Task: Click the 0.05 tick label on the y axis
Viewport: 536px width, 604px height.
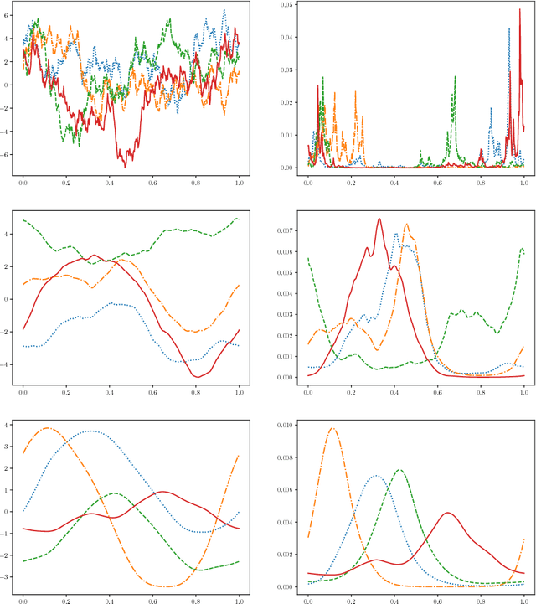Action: tap(287, 5)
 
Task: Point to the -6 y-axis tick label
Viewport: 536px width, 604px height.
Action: tap(8, 155)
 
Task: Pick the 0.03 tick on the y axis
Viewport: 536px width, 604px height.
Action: tap(287, 70)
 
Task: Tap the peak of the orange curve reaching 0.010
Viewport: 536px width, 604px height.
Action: tap(332, 428)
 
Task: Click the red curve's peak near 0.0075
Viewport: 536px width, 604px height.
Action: tap(379, 219)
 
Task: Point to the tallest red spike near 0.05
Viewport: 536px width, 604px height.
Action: tap(519, 10)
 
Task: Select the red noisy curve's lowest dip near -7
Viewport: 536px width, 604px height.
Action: tap(126, 166)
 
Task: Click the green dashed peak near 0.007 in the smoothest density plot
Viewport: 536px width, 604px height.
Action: tap(399, 469)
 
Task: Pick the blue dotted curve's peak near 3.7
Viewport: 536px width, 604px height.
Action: tap(89, 431)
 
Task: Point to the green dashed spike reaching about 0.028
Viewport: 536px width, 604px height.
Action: tap(455, 77)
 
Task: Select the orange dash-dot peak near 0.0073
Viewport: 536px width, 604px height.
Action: tap(406, 224)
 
